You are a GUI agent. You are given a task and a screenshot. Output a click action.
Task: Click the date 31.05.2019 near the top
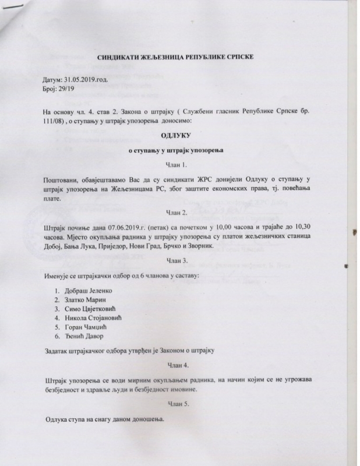coord(87,79)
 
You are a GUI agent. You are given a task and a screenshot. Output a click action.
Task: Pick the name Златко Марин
coord(86,300)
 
